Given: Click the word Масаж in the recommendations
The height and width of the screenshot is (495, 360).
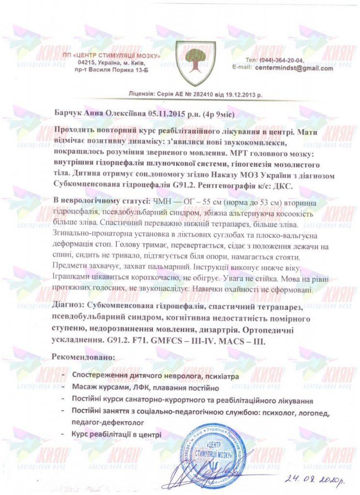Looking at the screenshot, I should (85, 388).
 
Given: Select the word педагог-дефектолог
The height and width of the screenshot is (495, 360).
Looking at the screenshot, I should (105, 422).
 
